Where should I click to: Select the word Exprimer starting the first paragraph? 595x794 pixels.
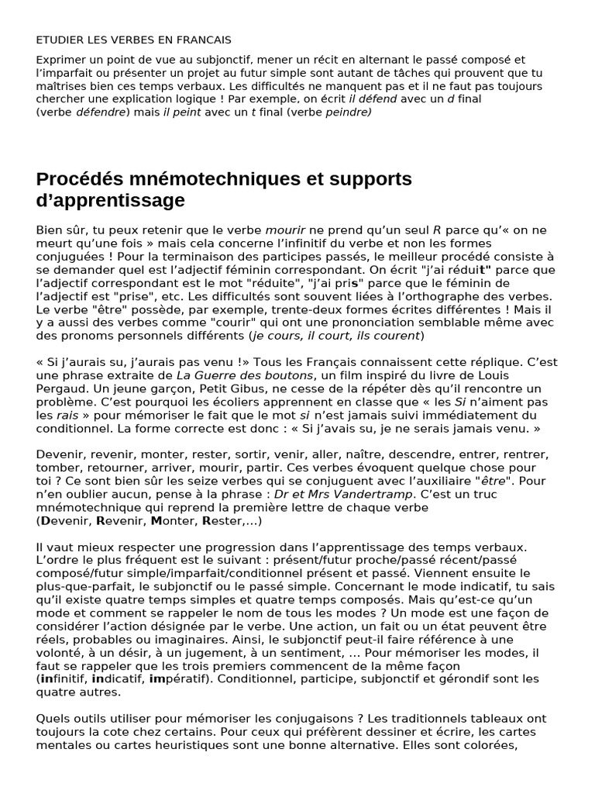pyautogui.click(x=62, y=60)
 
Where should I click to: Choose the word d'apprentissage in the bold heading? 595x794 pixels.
pyautogui.click(x=111, y=201)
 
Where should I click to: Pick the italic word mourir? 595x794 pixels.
pyautogui.click(x=286, y=230)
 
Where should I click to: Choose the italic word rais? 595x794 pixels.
pyautogui.click(x=68, y=415)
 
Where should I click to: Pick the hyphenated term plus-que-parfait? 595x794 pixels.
pyautogui.click(x=81, y=586)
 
